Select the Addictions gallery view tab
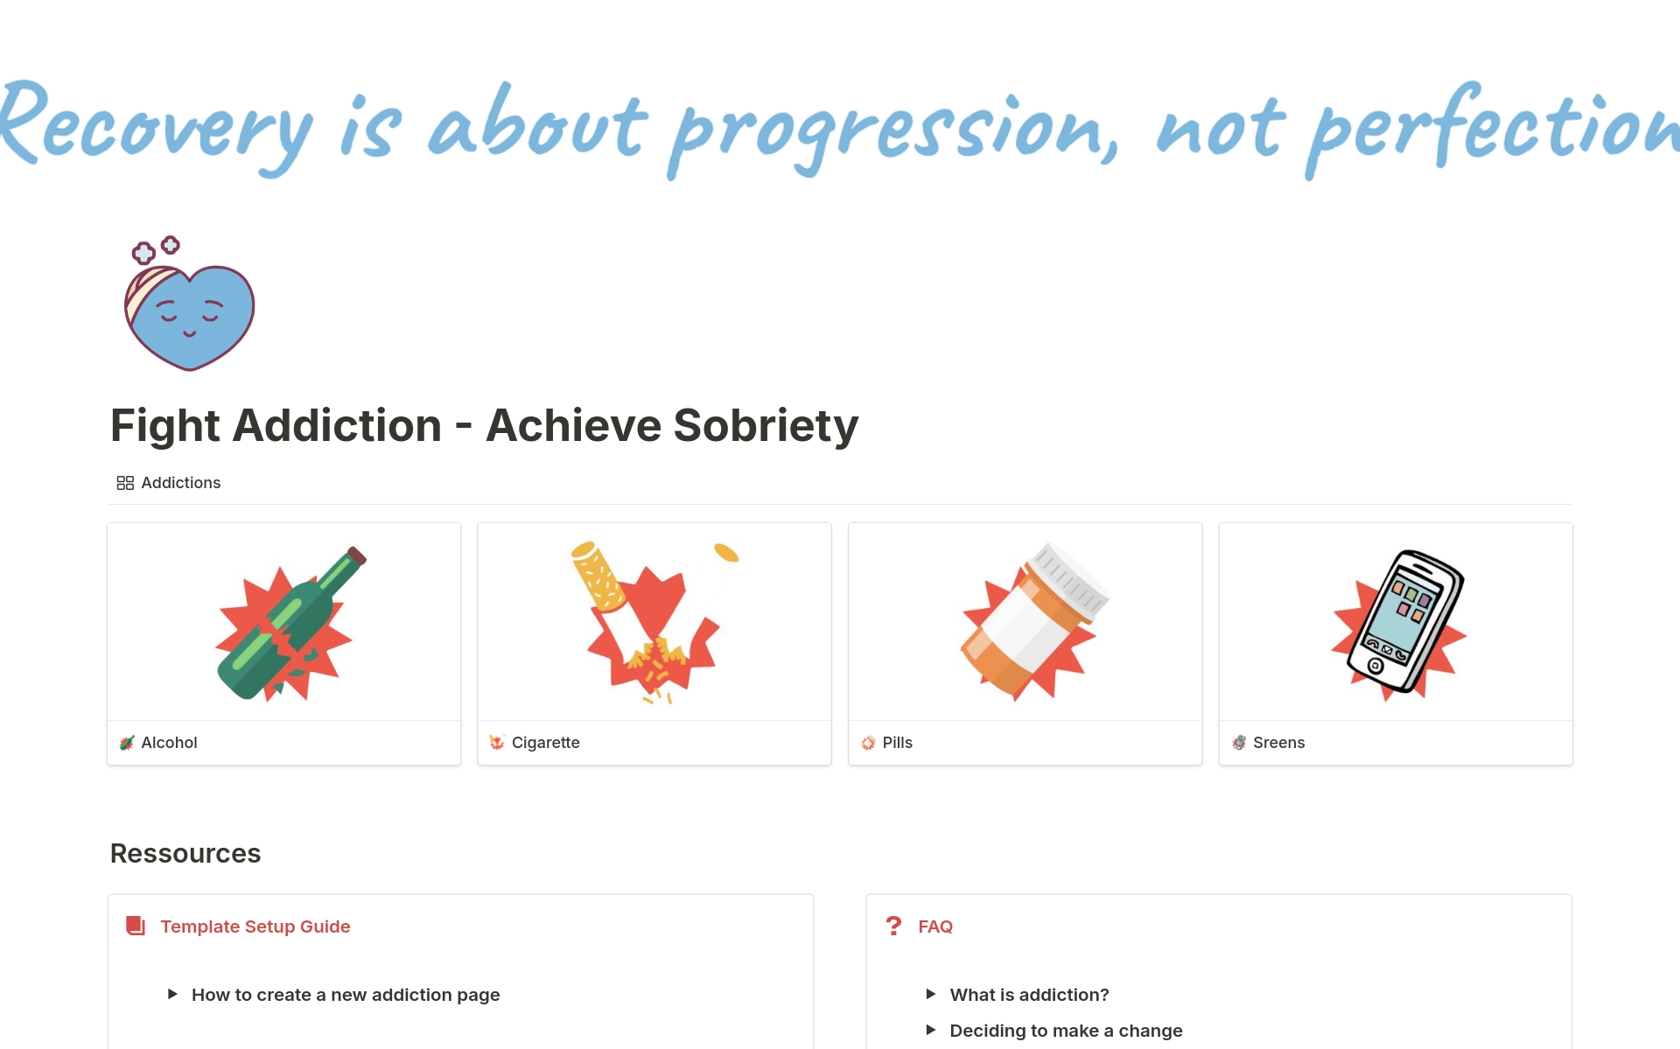pos(169,483)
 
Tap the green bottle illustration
pos(290,623)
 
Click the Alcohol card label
pos(169,743)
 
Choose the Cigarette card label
pos(545,743)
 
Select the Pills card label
pos(897,743)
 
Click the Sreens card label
pos(1278,743)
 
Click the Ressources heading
pos(185,853)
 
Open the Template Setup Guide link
pos(255,927)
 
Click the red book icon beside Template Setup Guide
pos(136,926)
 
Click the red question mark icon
pos(893,926)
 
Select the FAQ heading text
pos(935,927)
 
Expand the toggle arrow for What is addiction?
pos(931,994)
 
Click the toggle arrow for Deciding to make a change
pos(931,1030)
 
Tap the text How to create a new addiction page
pos(346,995)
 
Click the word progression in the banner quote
pos(892,131)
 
